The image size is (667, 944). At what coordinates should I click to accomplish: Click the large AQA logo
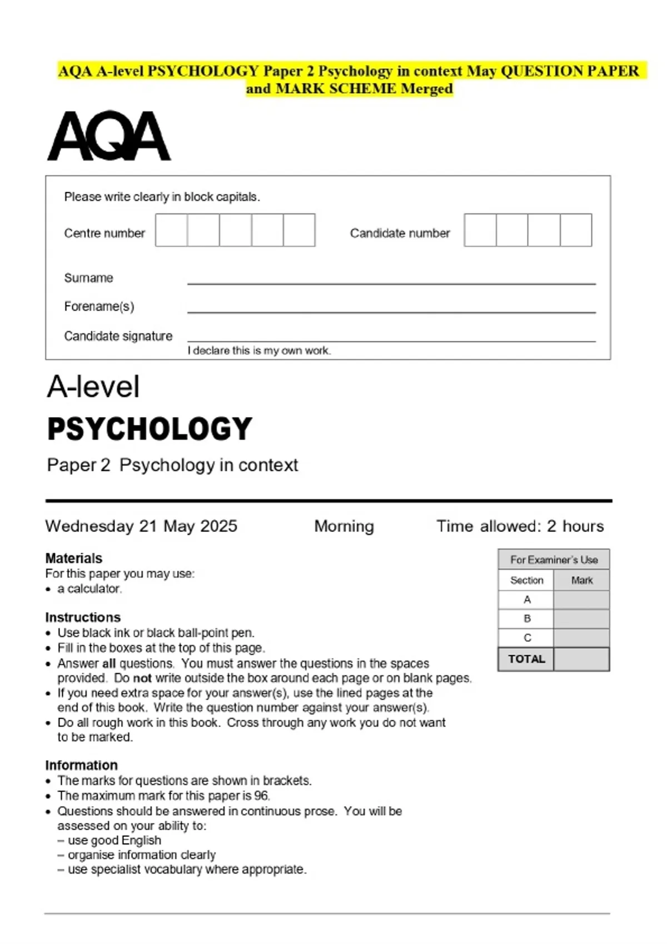(109, 136)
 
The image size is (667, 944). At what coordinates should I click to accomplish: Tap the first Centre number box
(171, 230)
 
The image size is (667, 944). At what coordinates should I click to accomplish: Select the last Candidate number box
(576, 230)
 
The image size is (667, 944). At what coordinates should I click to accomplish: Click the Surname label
(88, 278)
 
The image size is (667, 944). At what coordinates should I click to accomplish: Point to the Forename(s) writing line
(391, 312)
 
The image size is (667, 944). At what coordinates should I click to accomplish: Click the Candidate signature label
(118, 336)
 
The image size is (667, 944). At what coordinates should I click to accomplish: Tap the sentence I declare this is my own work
(259, 350)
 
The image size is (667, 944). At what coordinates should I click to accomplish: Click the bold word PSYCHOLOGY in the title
(150, 429)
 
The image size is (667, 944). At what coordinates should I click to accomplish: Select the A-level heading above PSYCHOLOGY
(93, 386)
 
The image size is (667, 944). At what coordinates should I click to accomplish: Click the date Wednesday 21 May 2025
(141, 526)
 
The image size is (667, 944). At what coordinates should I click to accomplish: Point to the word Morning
(344, 526)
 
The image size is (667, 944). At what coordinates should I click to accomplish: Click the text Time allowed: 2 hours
(520, 526)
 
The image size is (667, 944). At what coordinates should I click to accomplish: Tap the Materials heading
(74, 558)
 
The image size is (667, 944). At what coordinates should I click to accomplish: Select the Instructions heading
(83, 617)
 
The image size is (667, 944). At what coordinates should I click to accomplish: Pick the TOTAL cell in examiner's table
(526, 659)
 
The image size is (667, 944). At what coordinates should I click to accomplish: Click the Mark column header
(581, 580)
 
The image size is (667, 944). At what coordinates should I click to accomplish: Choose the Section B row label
(526, 619)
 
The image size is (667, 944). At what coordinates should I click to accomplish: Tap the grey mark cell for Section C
(581, 637)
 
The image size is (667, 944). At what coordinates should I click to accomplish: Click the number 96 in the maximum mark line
(261, 795)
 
